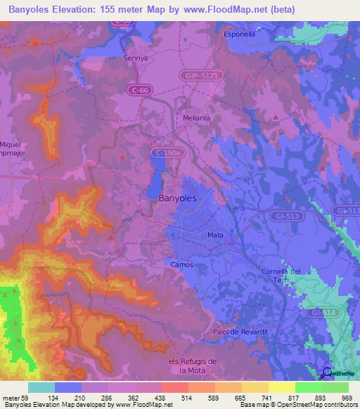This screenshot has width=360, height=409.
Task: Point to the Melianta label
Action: (196, 118)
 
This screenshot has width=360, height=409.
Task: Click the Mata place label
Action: (215, 235)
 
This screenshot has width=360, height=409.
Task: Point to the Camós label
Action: (182, 264)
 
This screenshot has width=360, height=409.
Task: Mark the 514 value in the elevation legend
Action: (167, 398)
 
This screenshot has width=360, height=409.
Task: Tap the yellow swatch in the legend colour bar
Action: (281, 387)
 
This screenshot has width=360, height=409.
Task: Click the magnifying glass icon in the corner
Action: (326, 373)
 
